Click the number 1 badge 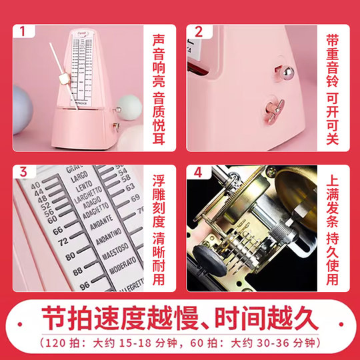click(25, 31)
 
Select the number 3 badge click(25, 171)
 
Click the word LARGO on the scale click(79, 179)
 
